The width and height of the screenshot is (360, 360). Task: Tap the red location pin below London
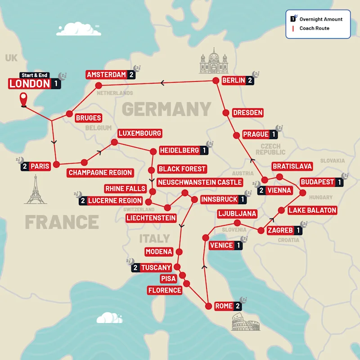point(23,100)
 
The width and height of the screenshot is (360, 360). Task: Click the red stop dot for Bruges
point(69,114)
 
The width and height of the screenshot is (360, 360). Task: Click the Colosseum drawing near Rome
point(246,323)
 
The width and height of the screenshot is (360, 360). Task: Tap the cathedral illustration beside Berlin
point(214,63)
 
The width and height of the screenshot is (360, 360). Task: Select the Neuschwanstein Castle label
point(200,182)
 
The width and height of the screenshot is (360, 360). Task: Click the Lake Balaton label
point(312,210)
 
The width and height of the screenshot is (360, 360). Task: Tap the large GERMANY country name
point(166,109)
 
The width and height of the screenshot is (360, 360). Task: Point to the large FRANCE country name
point(62,222)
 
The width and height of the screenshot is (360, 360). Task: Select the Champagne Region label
point(100,172)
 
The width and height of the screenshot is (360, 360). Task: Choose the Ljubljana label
point(237,213)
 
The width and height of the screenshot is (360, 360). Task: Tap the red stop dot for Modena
point(180,252)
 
